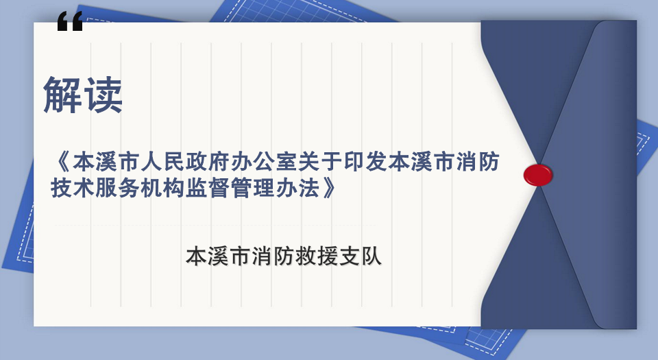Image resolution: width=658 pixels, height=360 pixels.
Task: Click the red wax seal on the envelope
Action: (x=537, y=175)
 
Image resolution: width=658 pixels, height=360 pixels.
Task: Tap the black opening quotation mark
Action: (x=70, y=21)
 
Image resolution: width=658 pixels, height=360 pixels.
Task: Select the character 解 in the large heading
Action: (x=62, y=95)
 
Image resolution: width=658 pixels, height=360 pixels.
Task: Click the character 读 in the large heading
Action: (x=103, y=95)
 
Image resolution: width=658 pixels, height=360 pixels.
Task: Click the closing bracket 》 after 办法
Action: (x=330, y=188)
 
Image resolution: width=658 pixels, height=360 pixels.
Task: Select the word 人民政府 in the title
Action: (x=185, y=162)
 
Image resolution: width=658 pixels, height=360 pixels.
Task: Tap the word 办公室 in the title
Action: (x=264, y=162)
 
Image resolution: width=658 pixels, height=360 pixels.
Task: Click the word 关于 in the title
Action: (x=320, y=162)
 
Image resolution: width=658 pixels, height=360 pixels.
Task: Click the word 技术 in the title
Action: (x=73, y=188)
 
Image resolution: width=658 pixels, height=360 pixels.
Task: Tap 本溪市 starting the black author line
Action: (x=218, y=256)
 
